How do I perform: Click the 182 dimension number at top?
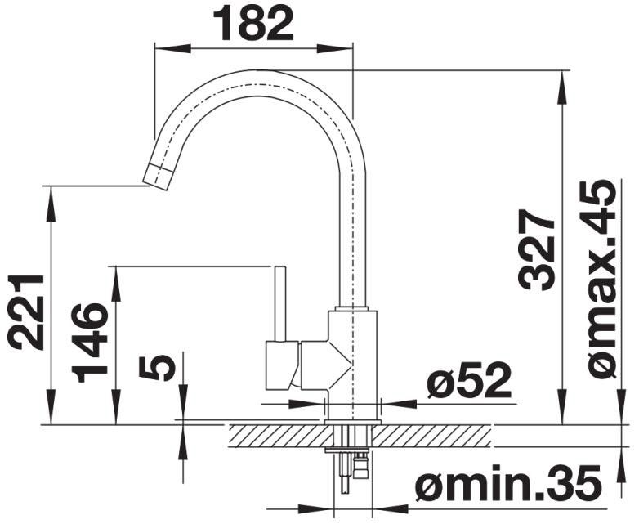[x=253, y=23]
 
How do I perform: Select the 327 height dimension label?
[x=536, y=249]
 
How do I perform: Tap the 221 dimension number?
[x=26, y=312]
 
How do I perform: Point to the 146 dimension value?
[x=90, y=343]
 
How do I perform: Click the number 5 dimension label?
[x=157, y=367]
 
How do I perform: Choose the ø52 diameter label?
[x=469, y=380]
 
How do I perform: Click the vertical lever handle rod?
[x=280, y=303]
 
